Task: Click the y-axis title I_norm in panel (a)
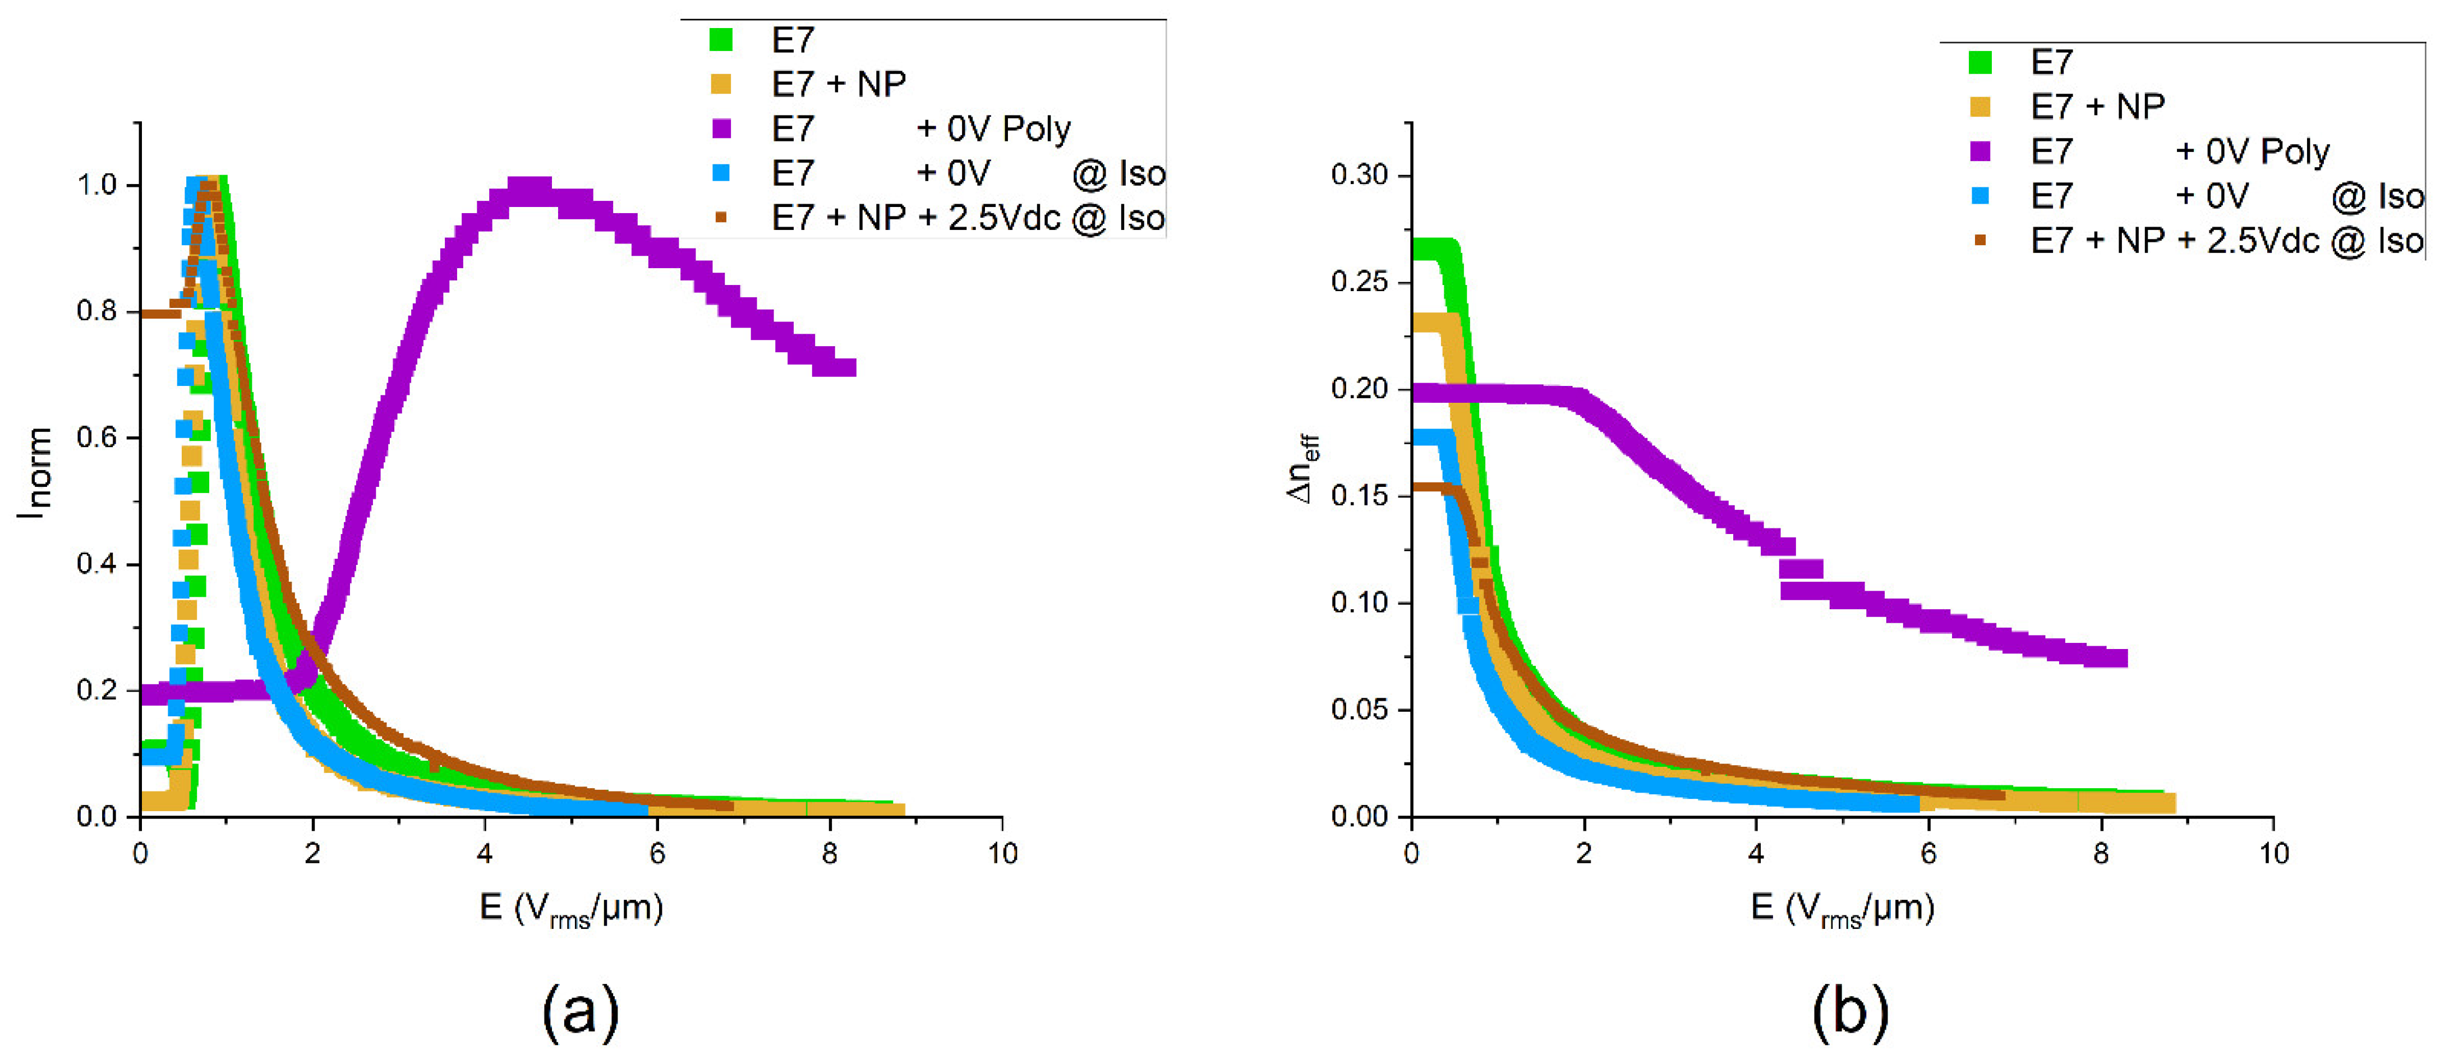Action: point(34,471)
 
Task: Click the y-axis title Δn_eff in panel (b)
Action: point(1305,468)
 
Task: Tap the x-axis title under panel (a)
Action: point(571,909)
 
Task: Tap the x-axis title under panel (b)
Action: point(1842,909)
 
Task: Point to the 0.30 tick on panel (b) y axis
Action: point(1359,175)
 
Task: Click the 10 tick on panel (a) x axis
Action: point(1002,854)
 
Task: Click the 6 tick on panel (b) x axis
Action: point(1928,854)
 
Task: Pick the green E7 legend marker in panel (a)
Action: point(721,40)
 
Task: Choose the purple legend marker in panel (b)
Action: point(1979,151)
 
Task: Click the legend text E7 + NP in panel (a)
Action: point(838,84)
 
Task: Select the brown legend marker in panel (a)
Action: point(721,218)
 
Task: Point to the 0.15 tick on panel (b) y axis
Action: point(1359,495)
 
